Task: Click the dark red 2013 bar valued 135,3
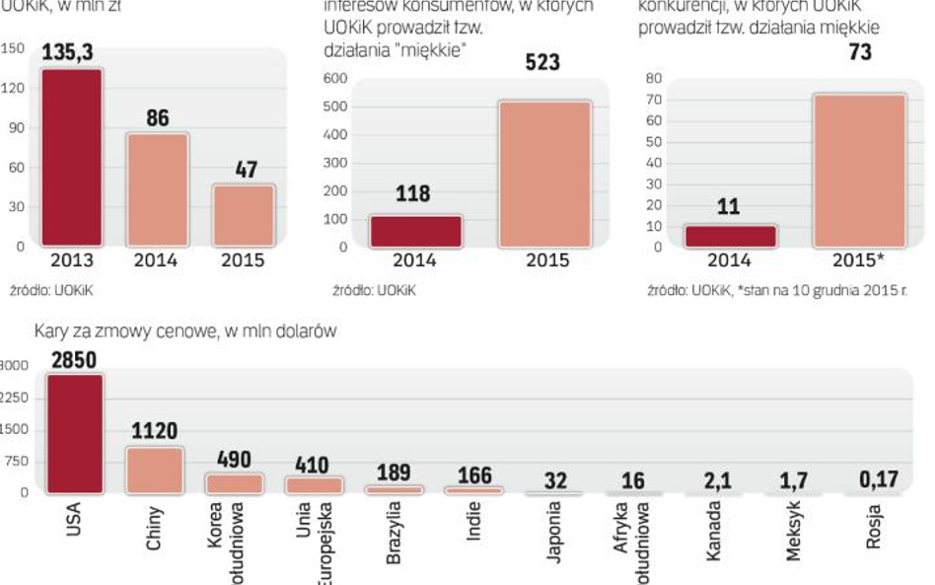70,157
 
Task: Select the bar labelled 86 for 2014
157,189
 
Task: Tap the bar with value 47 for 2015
244,215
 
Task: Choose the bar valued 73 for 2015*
859,170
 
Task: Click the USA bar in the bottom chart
74,433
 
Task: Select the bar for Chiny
154,470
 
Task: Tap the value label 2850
74,360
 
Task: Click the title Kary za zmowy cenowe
186,332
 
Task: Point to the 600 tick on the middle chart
336,78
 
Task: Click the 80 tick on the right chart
652,78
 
